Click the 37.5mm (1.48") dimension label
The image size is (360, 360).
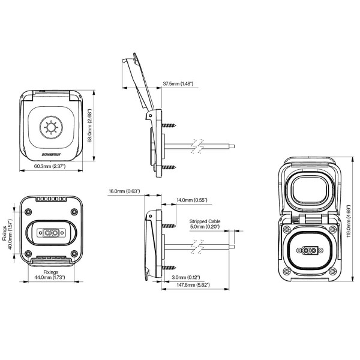[x=178, y=83]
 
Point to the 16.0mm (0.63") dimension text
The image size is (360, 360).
[x=125, y=191]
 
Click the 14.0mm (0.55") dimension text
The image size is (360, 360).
[x=191, y=200]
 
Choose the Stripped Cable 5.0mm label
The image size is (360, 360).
[x=205, y=224]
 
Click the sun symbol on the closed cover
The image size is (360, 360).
[x=50, y=127]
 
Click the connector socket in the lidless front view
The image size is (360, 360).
[x=50, y=232]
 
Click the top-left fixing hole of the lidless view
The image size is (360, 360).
[x=27, y=211]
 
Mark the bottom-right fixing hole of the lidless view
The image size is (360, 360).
[x=73, y=253]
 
